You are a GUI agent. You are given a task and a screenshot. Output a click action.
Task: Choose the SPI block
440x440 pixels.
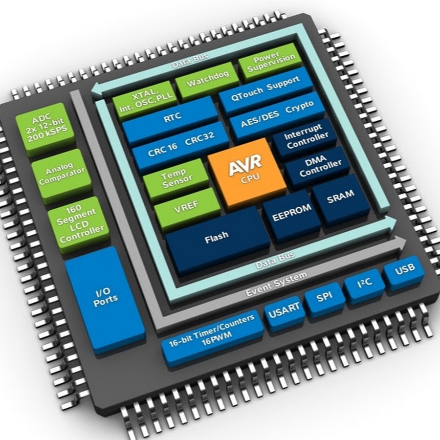coord(325,297)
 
